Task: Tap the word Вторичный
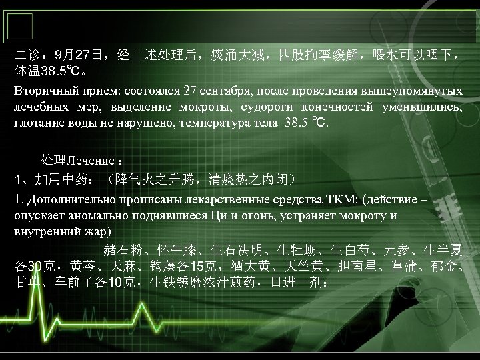43,91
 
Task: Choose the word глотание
41,123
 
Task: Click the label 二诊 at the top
27,53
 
